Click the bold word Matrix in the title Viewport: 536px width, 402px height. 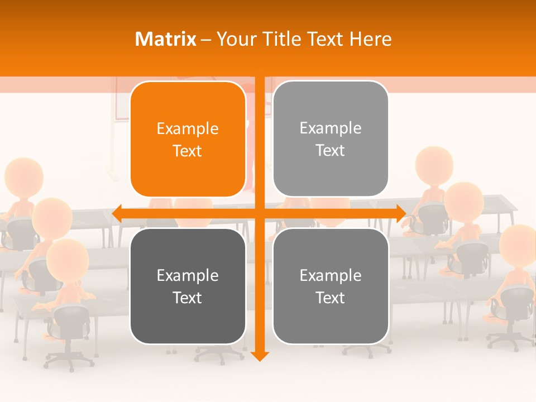coord(165,39)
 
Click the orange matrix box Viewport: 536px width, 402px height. coord(188,140)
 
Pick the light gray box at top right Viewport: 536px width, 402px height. coord(331,139)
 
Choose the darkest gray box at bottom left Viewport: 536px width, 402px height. coord(188,286)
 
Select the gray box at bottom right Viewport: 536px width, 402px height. coord(331,286)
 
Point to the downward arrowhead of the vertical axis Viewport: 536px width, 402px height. coord(260,356)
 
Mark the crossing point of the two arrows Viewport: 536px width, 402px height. coord(260,213)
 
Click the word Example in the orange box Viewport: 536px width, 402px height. coord(188,128)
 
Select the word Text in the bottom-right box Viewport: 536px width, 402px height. coord(331,298)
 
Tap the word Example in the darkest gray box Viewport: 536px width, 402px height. coord(188,275)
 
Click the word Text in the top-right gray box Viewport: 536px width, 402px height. coord(331,150)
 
